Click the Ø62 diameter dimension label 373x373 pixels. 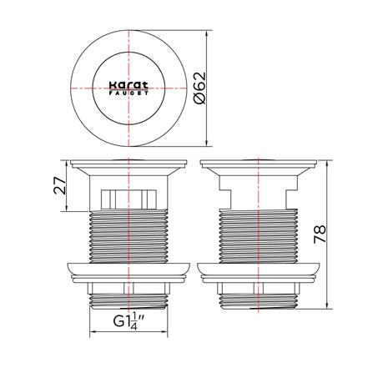click(200, 88)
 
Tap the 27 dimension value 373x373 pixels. click(60, 185)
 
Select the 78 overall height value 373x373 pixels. click(320, 234)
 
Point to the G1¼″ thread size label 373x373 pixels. click(130, 321)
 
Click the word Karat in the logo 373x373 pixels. click(129, 85)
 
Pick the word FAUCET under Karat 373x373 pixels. click(129, 93)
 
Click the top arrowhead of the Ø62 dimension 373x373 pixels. click(207, 33)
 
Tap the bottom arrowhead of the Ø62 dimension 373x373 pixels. click(207, 143)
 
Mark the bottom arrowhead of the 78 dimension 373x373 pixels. click(327, 305)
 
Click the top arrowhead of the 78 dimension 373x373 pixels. click(327, 164)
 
